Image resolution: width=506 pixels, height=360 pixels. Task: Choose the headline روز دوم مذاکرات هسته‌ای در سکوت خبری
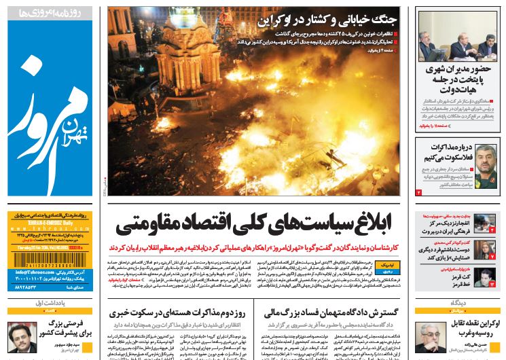[179, 313]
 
